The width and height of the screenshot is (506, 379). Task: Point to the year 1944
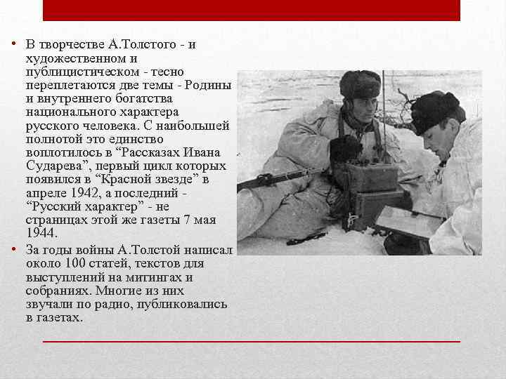[40, 232]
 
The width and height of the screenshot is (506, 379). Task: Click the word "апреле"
[44, 192]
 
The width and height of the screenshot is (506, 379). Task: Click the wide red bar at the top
[251, 10]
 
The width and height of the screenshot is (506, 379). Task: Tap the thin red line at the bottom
[251, 340]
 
